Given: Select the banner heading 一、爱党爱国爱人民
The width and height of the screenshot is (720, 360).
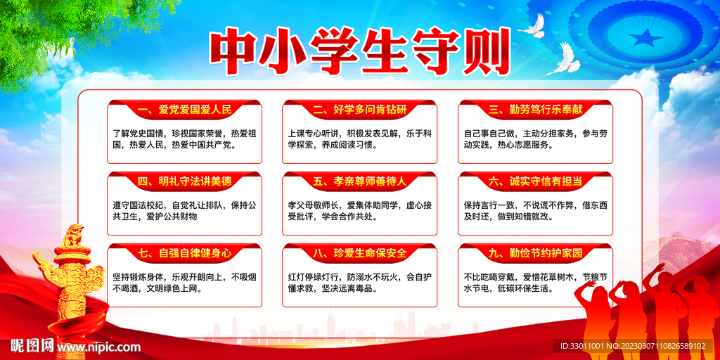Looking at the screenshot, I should point(184,110).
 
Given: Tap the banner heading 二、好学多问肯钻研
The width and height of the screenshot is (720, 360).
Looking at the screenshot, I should point(360,110).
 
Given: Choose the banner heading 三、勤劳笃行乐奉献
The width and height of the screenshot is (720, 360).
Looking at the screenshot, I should point(536,110).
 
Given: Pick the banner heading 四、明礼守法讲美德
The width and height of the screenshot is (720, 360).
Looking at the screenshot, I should point(184,181).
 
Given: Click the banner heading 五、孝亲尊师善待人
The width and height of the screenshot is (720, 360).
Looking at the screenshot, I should point(360,181).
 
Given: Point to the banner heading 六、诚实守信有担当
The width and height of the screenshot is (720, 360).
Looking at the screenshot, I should point(536,181).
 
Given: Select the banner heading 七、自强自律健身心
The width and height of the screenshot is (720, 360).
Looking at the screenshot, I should point(184,252).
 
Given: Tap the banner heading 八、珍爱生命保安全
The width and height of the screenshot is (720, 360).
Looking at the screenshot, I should point(360,252).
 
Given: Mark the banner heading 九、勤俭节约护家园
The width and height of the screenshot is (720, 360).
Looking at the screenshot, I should point(536,252).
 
